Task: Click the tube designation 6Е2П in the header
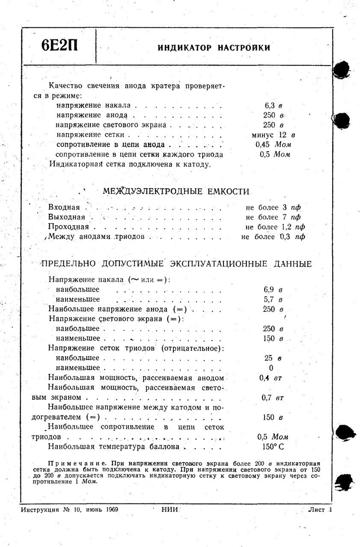pyautogui.click(x=60, y=46)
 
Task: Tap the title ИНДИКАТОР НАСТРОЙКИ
pyautogui.click(x=214, y=47)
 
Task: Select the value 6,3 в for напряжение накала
pyautogui.click(x=274, y=105)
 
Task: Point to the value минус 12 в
pyautogui.click(x=274, y=135)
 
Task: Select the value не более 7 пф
pyautogui.click(x=273, y=217)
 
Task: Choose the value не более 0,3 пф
pyautogui.click(x=273, y=236)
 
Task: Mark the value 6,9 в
pyautogui.click(x=274, y=289)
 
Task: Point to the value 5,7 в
pyautogui.click(x=274, y=299)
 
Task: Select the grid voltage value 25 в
pyautogui.click(x=274, y=358)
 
